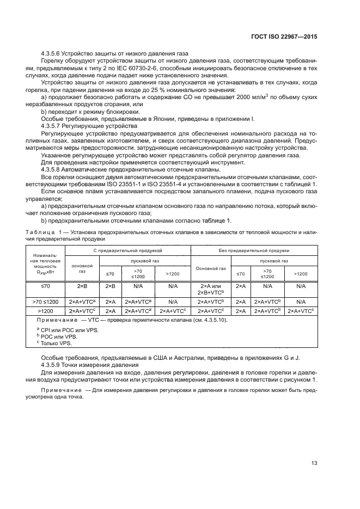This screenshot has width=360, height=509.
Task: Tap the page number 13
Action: [x=314, y=463]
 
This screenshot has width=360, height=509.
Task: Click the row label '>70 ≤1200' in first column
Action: [x=45, y=301]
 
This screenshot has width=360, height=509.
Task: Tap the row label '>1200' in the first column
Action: [x=45, y=310]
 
